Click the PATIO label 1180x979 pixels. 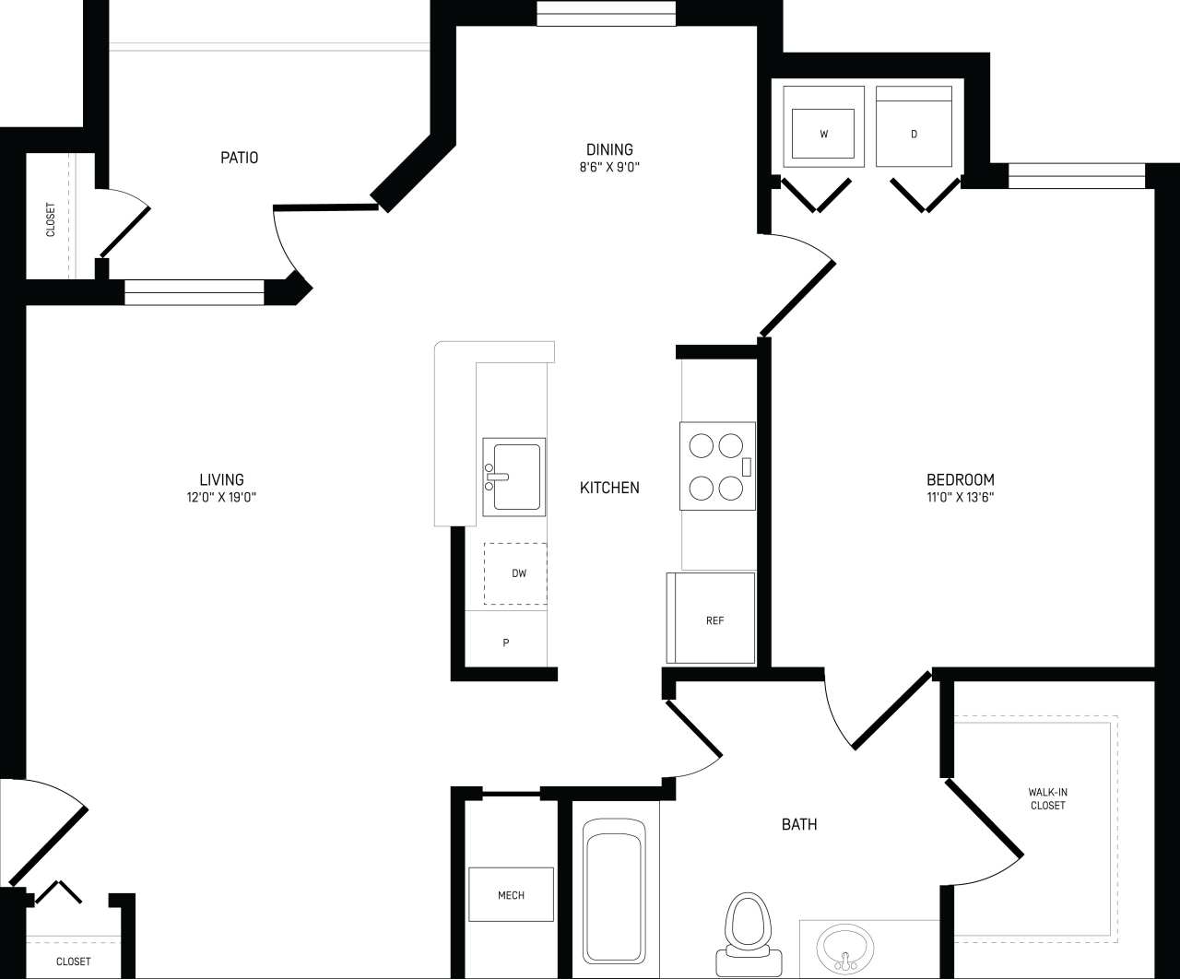[x=239, y=158]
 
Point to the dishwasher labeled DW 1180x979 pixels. [x=515, y=573]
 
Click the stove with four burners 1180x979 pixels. [x=717, y=466]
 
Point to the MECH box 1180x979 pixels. [x=511, y=894]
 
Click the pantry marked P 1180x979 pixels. [x=505, y=643]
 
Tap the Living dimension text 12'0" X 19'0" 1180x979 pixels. [x=221, y=497]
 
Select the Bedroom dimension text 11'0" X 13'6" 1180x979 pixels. [x=960, y=497]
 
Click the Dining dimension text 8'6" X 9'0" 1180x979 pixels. [x=609, y=168]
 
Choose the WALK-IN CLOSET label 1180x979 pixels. [x=1047, y=798]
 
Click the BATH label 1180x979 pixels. [x=798, y=824]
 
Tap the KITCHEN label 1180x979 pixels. [x=609, y=488]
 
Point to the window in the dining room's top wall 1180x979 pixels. [x=607, y=14]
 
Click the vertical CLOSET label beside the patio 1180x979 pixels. [x=51, y=219]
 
